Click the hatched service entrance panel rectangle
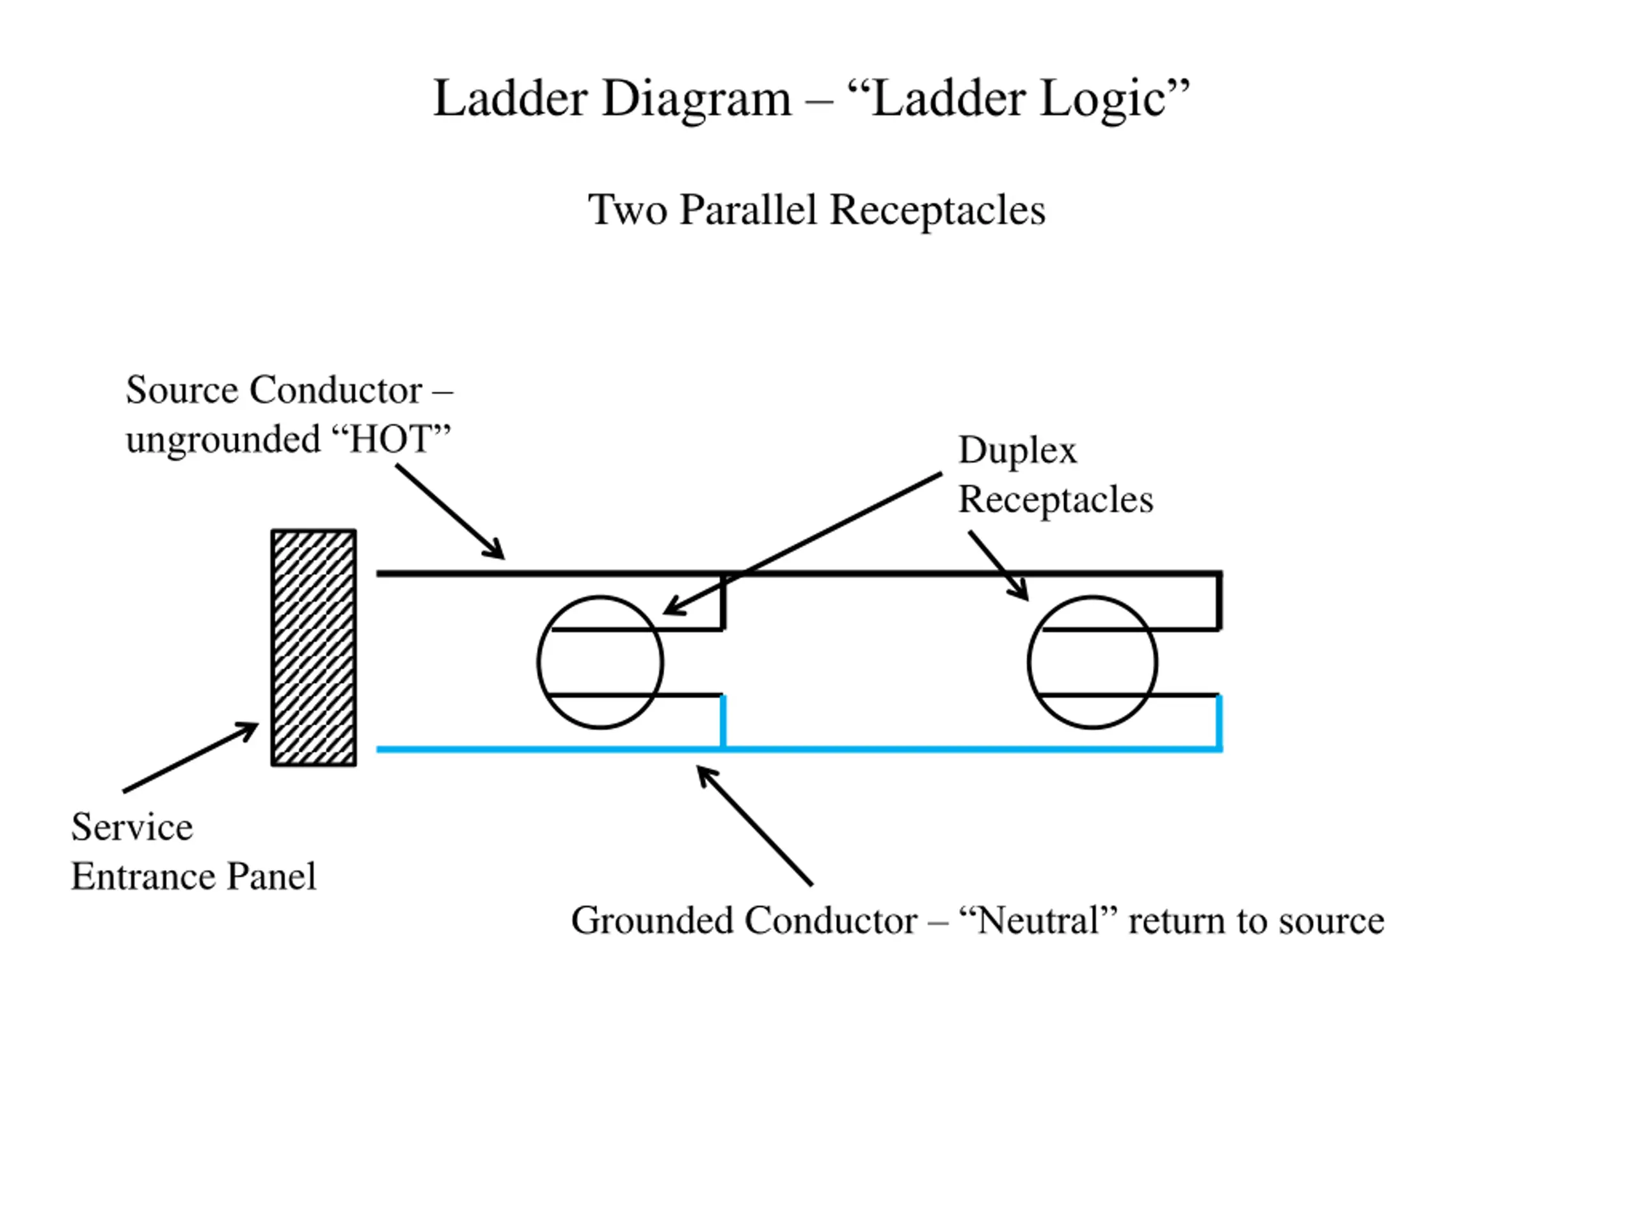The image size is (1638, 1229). [x=314, y=648]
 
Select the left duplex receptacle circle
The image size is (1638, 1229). [x=537, y=663]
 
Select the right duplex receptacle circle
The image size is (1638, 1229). [x=1029, y=663]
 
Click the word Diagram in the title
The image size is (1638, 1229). [x=697, y=99]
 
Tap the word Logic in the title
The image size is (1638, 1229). [x=1103, y=99]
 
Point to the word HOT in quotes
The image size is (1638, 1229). [x=391, y=439]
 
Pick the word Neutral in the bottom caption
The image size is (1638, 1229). [x=1039, y=921]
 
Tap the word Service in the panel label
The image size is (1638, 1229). [x=132, y=828]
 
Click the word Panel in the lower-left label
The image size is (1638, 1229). [x=271, y=876]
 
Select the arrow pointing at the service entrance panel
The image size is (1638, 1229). [x=190, y=758]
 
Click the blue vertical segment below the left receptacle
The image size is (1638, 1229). [x=724, y=722]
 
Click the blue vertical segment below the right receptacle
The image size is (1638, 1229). [x=1219, y=722]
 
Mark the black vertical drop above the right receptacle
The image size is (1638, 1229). [x=1219, y=601]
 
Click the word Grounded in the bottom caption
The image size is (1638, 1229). [x=654, y=921]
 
